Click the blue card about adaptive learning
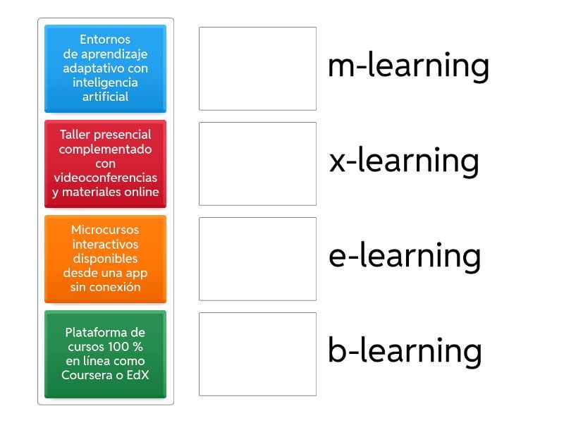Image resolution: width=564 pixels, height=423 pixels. pos(105,68)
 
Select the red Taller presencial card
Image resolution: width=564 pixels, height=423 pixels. pos(105,164)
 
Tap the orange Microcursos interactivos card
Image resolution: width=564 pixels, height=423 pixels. pos(105,259)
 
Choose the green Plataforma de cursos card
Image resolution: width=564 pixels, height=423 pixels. pos(105,354)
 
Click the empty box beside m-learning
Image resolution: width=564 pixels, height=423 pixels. pos(257,68)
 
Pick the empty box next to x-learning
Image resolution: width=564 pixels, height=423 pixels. pos(257,164)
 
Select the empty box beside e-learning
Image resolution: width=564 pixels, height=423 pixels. pos(257,259)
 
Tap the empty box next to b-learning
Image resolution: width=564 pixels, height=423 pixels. pos(257,354)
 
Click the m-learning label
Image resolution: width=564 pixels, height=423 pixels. pos(408,66)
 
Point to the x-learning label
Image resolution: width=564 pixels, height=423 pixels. pos(404,161)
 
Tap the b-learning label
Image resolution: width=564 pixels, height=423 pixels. pos(405,351)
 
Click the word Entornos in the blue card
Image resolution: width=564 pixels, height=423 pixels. pos(105,39)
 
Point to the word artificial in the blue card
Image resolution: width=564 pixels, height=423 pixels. pos(105,97)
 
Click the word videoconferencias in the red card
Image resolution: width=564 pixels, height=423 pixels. pos(105,178)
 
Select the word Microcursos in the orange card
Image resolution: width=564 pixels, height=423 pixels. pos(105,230)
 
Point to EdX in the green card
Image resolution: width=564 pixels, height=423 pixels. pos(137,375)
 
